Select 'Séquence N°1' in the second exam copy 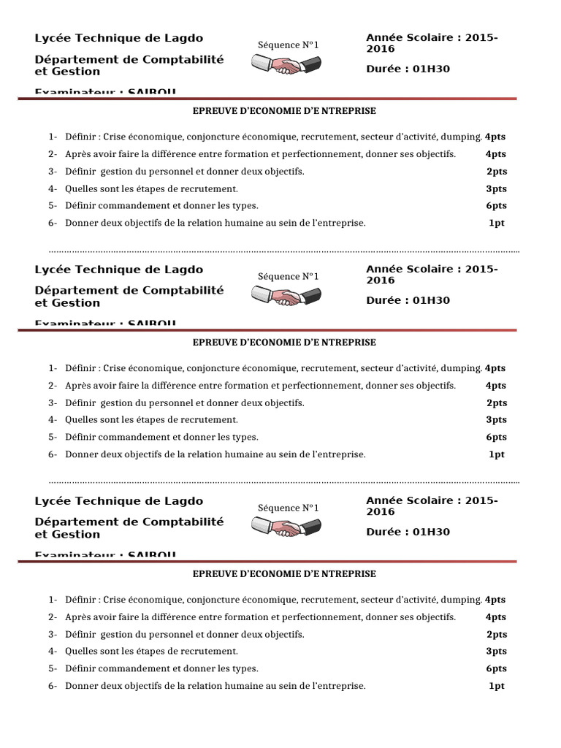point(289,276)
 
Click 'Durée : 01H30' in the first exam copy point(408,69)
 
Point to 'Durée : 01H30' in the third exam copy point(408,532)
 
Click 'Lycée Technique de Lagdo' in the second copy point(119,270)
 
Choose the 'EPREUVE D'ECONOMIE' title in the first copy point(283,111)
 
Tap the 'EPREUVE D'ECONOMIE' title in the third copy point(283,574)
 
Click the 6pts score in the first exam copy point(496,206)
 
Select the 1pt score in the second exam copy point(496,454)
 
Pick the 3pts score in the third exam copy point(496,652)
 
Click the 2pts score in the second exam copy point(496,402)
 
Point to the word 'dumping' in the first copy point(462,137)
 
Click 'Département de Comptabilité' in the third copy point(129,522)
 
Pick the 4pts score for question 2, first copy point(496,154)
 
